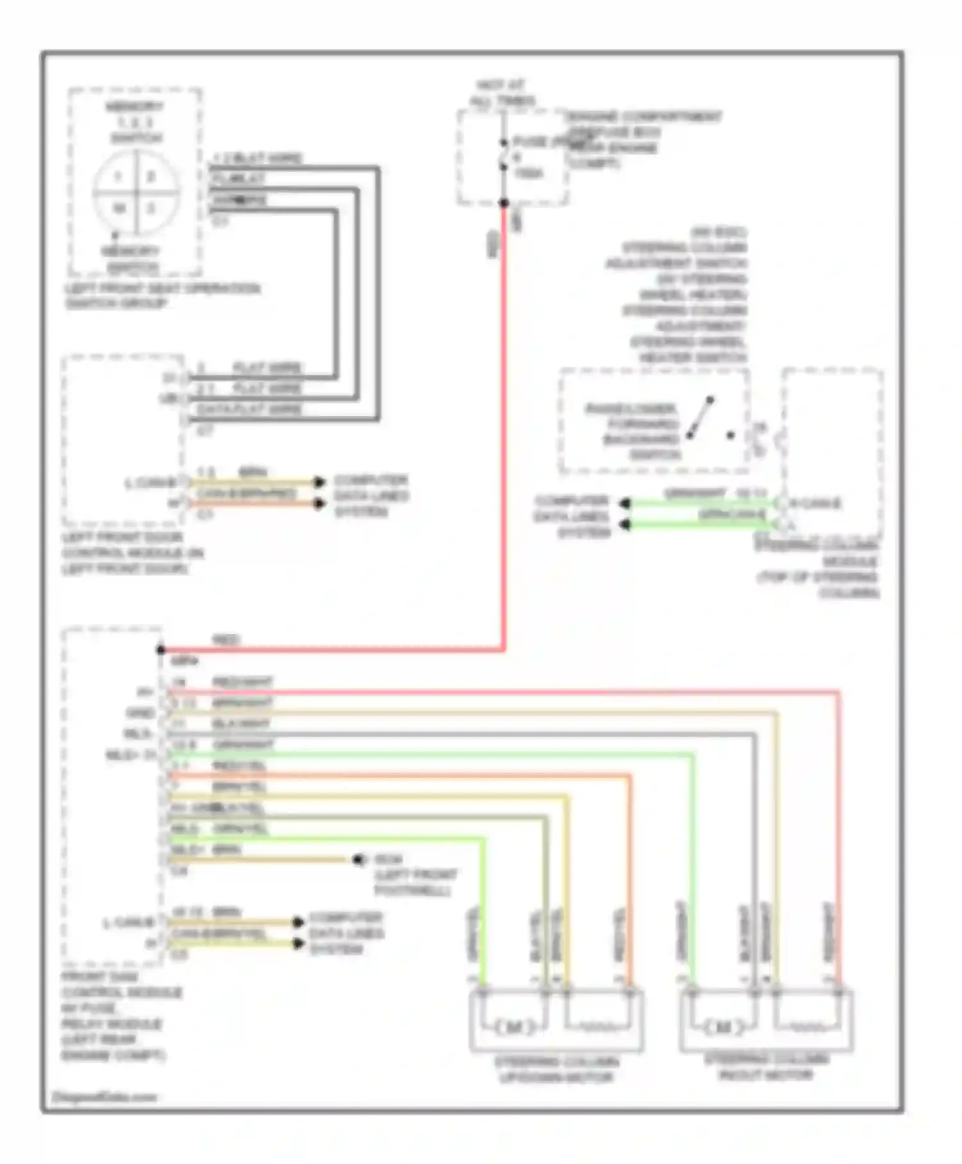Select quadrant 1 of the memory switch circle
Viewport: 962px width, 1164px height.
(118, 176)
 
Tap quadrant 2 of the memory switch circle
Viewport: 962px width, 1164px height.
(151, 176)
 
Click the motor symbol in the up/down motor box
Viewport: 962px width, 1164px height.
(514, 1027)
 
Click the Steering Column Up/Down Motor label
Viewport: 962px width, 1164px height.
(556, 1070)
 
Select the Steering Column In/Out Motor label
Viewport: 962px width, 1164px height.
(766, 1067)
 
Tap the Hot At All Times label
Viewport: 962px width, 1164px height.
(503, 93)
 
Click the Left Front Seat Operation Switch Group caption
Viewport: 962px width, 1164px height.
(162, 296)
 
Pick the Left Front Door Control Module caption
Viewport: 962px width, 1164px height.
(132, 553)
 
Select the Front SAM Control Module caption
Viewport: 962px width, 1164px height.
(121, 1016)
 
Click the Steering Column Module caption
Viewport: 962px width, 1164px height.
(818, 569)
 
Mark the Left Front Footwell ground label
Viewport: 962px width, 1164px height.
(416, 875)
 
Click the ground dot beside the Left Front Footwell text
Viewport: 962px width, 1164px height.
(359, 859)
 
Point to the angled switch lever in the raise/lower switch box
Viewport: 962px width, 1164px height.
(700, 418)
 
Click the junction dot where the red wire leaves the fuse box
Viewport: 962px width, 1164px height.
(504, 203)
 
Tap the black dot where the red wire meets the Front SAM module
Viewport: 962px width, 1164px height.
(161, 650)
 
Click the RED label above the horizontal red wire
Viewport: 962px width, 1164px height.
(226, 640)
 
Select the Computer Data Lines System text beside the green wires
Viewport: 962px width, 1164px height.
(571, 517)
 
